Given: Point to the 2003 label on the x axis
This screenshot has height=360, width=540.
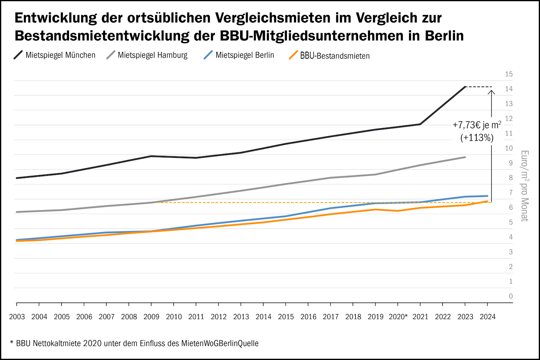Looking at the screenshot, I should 17,317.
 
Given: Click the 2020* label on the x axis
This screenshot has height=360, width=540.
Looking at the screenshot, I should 398,317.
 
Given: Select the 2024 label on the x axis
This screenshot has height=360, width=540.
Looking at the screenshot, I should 487,317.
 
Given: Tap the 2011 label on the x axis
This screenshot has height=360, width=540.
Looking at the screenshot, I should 196,317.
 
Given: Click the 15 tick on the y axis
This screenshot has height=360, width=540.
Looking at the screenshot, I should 509,74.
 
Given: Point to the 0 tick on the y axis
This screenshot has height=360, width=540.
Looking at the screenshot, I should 511,296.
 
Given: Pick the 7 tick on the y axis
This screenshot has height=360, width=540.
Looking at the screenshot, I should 511,192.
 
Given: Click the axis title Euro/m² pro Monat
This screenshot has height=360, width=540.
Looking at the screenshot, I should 524,186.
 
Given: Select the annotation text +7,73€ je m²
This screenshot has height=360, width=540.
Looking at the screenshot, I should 477,125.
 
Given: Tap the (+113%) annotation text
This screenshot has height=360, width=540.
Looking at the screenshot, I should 477,138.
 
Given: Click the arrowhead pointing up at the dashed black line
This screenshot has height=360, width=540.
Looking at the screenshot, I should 492,92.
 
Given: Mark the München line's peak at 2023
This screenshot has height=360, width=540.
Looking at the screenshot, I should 465,87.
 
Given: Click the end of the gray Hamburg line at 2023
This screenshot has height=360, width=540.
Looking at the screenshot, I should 465,157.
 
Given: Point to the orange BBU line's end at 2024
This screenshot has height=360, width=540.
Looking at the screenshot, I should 487,201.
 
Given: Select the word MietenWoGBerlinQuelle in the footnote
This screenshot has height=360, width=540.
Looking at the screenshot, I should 220,343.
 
